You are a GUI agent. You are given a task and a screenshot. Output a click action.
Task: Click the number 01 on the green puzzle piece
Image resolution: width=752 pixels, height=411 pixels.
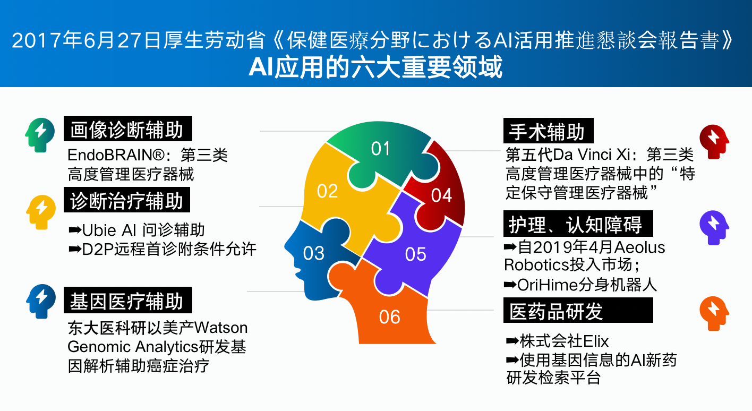click(x=380, y=149)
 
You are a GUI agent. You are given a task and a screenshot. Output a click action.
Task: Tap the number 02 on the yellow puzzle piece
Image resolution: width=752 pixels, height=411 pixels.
click(x=327, y=191)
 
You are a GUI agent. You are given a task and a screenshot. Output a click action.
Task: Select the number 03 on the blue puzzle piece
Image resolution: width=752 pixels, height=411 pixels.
click(x=313, y=253)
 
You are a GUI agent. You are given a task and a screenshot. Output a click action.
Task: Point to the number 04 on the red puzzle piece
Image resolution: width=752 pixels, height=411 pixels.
click(x=441, y=195)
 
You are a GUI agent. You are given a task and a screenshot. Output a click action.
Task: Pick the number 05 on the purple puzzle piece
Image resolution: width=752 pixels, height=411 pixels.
click(x=416, y=254)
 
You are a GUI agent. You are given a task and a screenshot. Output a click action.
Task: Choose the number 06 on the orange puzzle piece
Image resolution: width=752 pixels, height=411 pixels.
click(x=389, y=316)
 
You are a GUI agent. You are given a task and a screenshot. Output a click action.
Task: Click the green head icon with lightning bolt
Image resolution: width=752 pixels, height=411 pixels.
click(x=40, y=135)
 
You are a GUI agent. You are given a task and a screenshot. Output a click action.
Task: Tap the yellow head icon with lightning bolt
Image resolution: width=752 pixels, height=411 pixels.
click(x=41, y=212)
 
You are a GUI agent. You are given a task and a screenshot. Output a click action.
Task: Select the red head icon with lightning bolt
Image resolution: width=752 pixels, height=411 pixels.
click(x=714, y=142)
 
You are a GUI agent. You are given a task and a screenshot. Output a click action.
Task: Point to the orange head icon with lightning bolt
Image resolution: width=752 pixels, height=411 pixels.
click(x=714, y=313)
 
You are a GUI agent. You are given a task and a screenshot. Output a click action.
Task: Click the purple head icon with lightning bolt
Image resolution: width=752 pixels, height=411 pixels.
click(x=714, y=228)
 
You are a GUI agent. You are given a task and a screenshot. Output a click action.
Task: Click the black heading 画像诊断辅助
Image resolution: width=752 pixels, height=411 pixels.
click(x=128, y=129)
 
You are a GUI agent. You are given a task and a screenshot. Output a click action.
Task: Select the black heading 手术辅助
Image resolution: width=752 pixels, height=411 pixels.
click(x=548, y=131)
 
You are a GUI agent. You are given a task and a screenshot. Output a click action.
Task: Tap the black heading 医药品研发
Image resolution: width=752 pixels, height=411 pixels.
click(x=578, y=310)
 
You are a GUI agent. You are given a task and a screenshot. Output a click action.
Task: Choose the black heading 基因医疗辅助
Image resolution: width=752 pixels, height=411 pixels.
click(x=128, y=300)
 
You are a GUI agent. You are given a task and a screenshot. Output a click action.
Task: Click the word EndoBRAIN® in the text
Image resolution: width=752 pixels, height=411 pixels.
click(x=116, y=155)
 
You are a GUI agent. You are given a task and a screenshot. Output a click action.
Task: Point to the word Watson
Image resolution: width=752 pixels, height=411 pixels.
click(x=221, y=328)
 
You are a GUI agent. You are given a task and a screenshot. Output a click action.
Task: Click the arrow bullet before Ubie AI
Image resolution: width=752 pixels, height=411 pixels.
click(x=75, y=230)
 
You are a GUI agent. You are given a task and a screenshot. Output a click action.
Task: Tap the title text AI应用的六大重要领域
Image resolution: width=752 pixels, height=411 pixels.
click(x=375, y=67)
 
